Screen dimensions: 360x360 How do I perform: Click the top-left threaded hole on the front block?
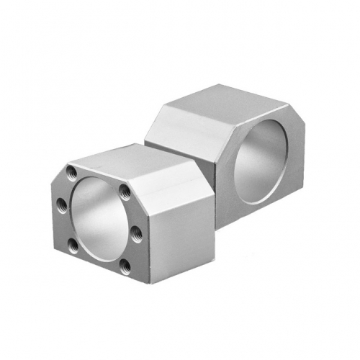[72, 173]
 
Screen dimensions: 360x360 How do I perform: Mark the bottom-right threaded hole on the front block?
[125, 266]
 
